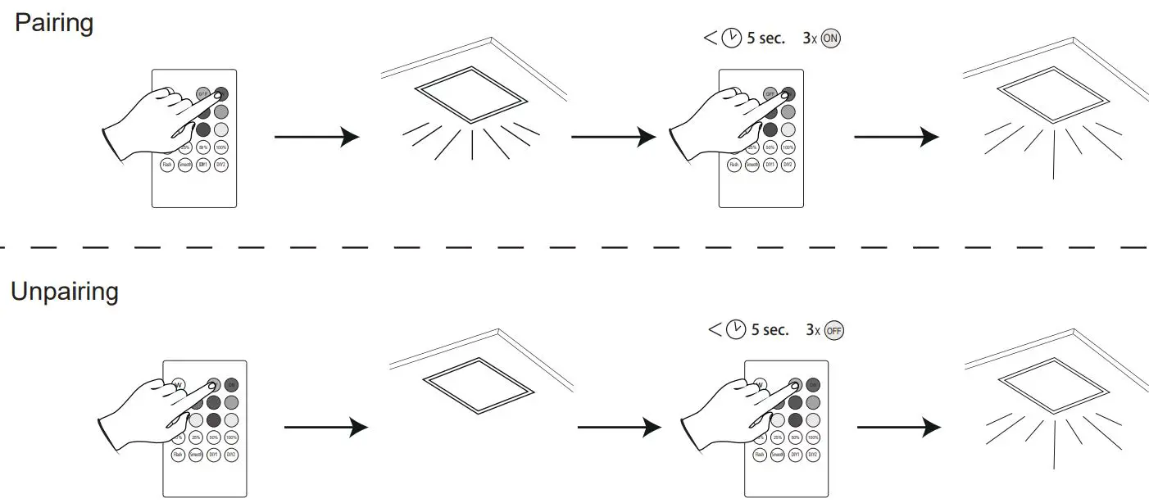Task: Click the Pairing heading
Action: coord(54,23)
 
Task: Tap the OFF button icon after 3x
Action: coord(834,330)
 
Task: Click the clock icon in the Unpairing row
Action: coord(736,329)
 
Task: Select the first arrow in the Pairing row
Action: coord(316,137)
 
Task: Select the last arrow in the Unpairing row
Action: coord(898,427)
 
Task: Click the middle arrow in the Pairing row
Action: coord(613,137)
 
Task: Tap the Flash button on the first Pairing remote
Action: coord(166,165)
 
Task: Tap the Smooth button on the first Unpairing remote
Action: coord(195,454)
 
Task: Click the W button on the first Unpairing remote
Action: coord(178,384)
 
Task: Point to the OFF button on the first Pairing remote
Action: coord(203,94)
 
